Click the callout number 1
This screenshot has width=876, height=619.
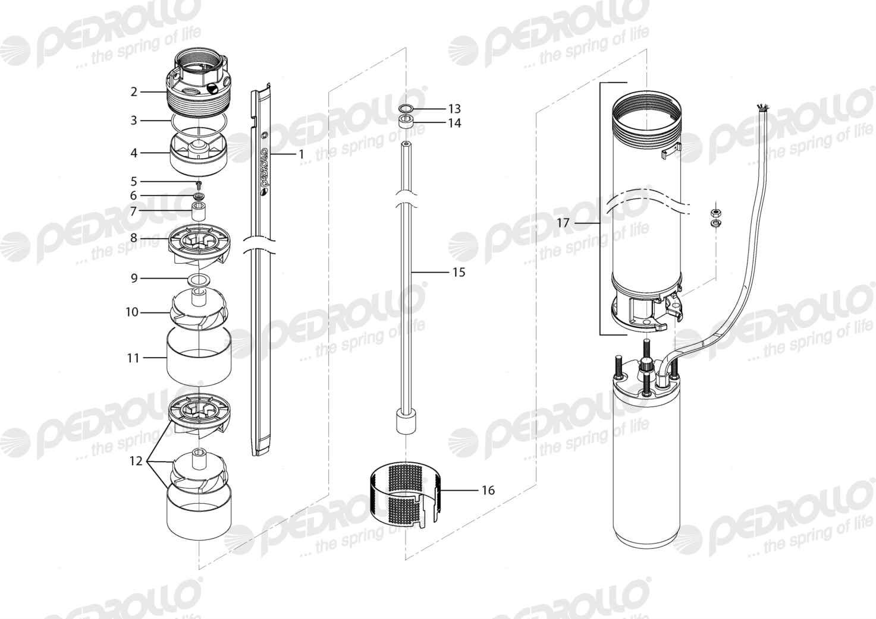pos(301,154)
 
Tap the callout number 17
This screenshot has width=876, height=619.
pos(563,223)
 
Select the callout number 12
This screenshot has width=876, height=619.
pos(136,461)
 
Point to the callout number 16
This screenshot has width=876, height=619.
pos(488,490)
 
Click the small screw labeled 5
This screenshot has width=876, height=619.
pos(199,183)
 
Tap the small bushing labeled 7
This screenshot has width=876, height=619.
pos(199,211)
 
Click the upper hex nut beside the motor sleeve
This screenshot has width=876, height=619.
pos(716,213)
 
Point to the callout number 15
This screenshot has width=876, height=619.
pos(459,272)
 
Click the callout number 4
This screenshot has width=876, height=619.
pos(134,153)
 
